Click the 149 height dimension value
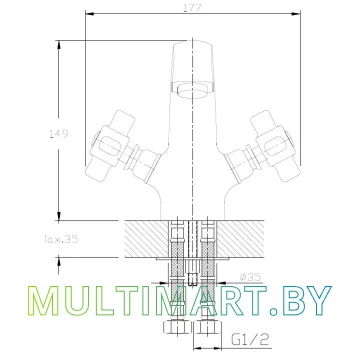click(x=59, y=134)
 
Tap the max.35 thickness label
click(x=60, y=239)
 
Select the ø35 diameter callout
click(x=250, y=277)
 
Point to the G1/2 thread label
click(x=250, y=339)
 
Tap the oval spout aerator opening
click(x=193, y=90)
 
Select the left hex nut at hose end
click(x=177, y=327)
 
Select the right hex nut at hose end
click(x=207, y=327)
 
